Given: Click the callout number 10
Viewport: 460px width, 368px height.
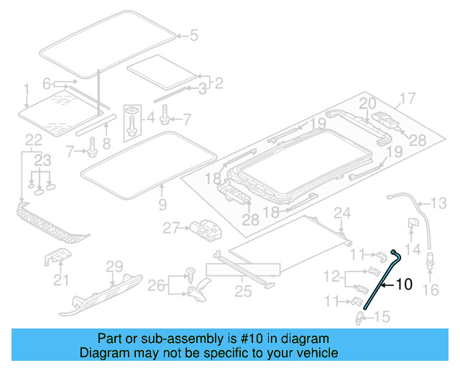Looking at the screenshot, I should tap(404, 285).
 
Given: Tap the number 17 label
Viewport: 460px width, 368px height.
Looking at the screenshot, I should tap(407, 98).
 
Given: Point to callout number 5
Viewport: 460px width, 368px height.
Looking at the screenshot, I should tap(192, 34).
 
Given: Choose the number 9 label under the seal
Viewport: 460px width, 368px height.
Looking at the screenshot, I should tap(162, 206).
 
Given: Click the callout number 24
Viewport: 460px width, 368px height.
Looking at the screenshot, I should tap(342, 213).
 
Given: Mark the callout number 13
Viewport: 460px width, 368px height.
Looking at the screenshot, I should tap(438, 202).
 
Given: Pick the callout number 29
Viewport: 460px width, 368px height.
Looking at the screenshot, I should tap(115, 267).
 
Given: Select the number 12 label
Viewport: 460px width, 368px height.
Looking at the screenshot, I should tap(331, 276).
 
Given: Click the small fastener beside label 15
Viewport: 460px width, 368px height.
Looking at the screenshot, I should tap(359, 314).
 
